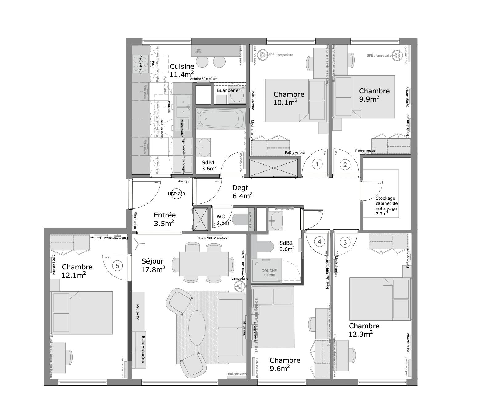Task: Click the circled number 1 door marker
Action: pyautogui.click(x=317, y=164)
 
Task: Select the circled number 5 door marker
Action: pyautogui.click(x=118, y=265)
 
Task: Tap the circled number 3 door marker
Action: pyautogui.click(x=345, y=242)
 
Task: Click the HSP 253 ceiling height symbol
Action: pyautogui.click(x=177, y=194)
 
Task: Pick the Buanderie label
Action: pyautogui.click(x=227, y=90)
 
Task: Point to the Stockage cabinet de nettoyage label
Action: pyautogui.click(x=386, y=206)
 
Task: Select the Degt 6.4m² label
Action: pyautogui.click(x=242, y=192)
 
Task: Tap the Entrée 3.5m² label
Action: pyautogui.click(x=164, y=219)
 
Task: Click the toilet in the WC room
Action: pyautogui.click(x=240, y=219)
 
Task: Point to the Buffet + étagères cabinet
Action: pyautogui.click(x=139, y=350)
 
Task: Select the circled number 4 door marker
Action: pyautogui.click(x=319, y=242)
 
